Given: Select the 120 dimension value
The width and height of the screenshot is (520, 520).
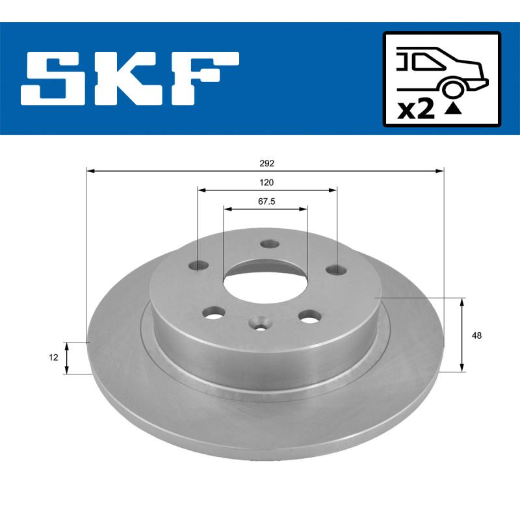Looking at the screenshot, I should [x=266, y=183].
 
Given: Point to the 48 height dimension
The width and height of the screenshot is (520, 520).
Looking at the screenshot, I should [x=478, y=335].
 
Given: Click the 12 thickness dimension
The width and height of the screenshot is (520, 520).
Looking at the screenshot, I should [x=54, y=357].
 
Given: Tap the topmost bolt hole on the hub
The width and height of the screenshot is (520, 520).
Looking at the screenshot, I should [x=268, y=244].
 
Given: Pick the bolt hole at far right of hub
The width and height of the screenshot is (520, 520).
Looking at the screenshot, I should [x=335, y=269].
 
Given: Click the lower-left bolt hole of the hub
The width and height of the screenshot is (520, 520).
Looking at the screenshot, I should [x=213, y=314].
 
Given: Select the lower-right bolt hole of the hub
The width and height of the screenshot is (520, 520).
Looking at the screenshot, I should [x=309, y=316].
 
